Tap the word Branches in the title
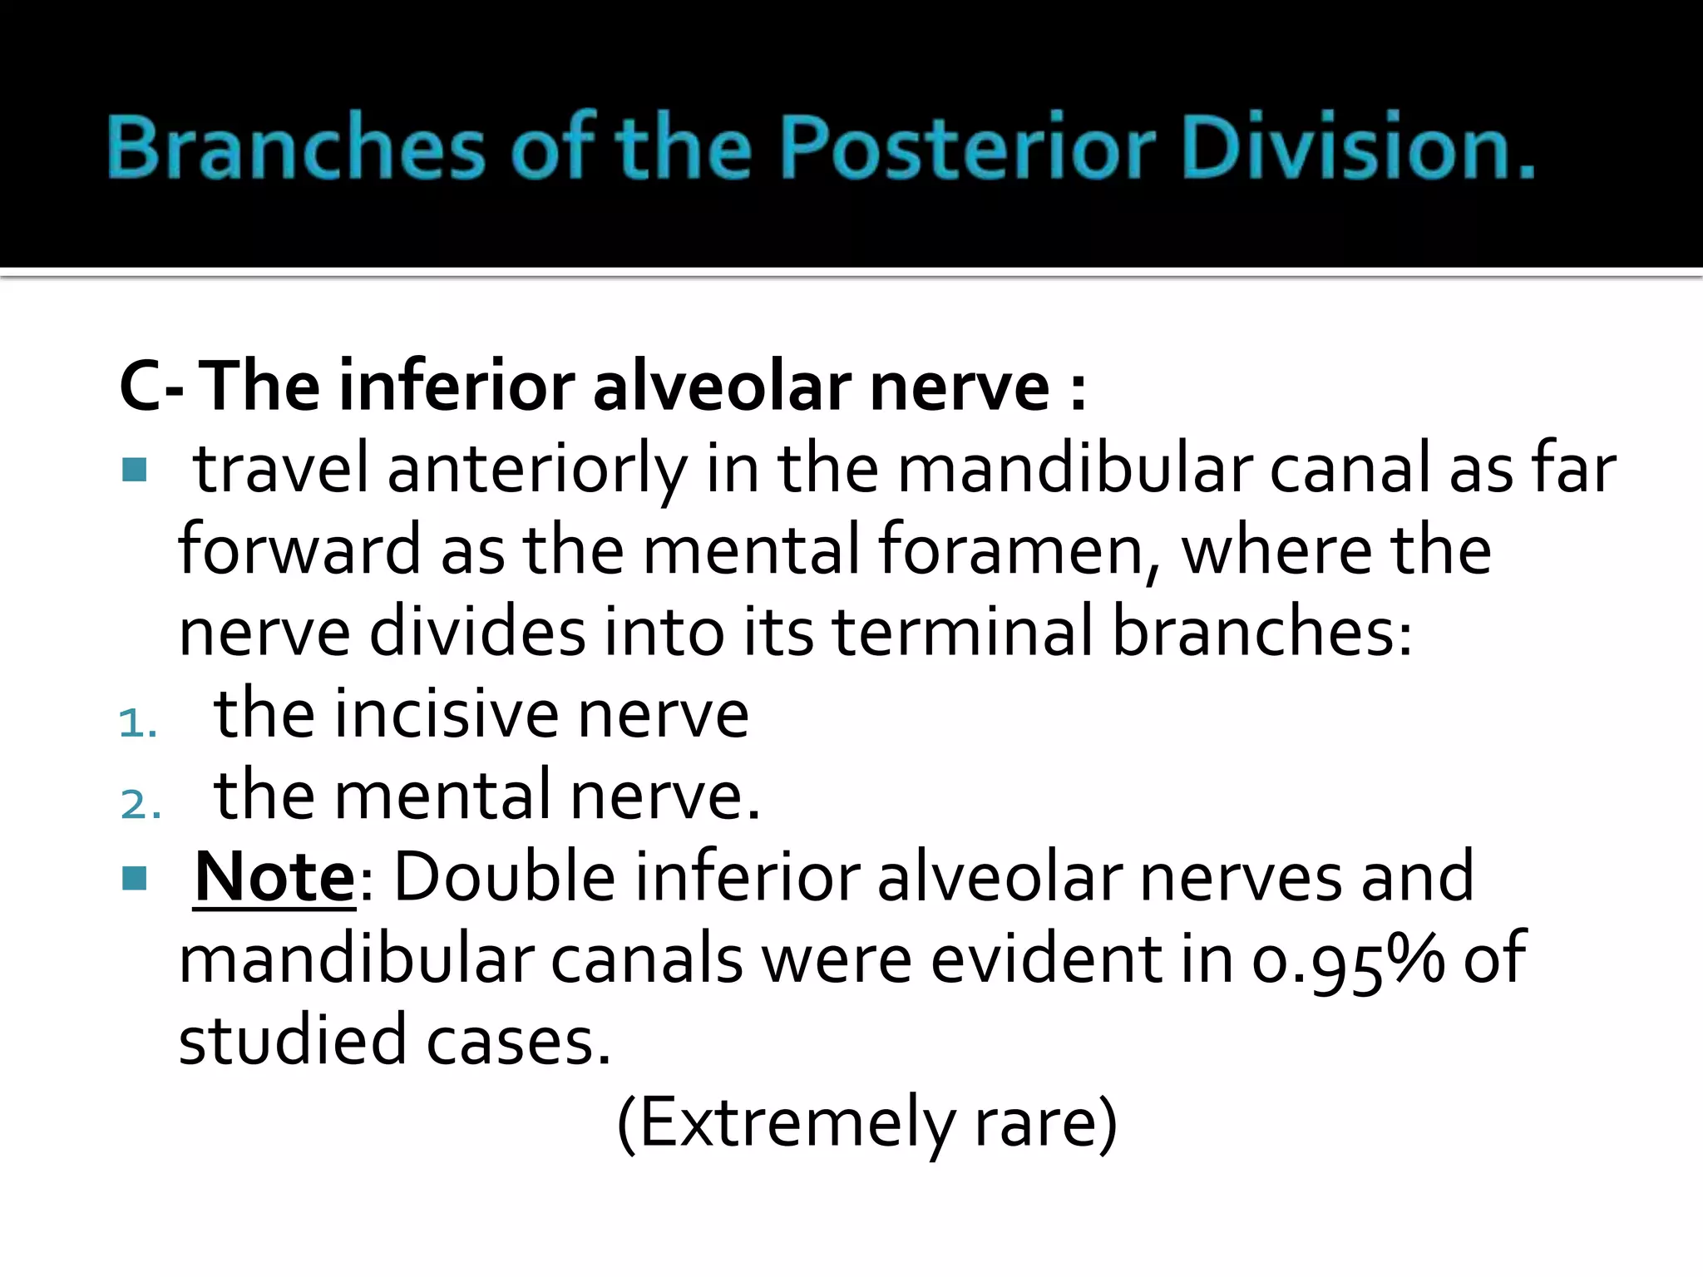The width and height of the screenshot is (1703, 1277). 294,148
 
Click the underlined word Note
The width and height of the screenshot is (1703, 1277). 274,877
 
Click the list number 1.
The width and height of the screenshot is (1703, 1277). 137,723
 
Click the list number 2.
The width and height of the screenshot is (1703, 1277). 140,805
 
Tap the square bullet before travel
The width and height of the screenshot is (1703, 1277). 134,470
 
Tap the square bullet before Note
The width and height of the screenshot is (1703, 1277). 134,878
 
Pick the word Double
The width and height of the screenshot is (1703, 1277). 504,877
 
